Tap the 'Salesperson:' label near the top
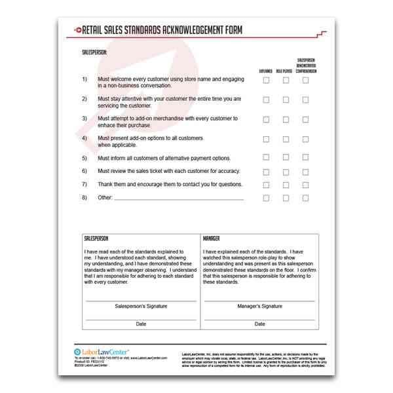[95, 50]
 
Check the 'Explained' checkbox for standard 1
[266, 81]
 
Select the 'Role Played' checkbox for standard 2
[286, 100]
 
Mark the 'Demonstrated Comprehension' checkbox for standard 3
[305, 119]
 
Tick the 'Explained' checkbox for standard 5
[266, 157]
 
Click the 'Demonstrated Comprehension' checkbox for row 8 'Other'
[305, 197]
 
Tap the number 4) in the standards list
[84, 138]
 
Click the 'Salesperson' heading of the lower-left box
[98, 239]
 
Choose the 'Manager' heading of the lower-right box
[212, 239]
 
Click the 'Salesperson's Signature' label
[141, 305]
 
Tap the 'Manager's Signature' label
[260, 305]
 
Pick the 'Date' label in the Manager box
[260, 324]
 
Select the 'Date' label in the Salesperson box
[141, 324]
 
